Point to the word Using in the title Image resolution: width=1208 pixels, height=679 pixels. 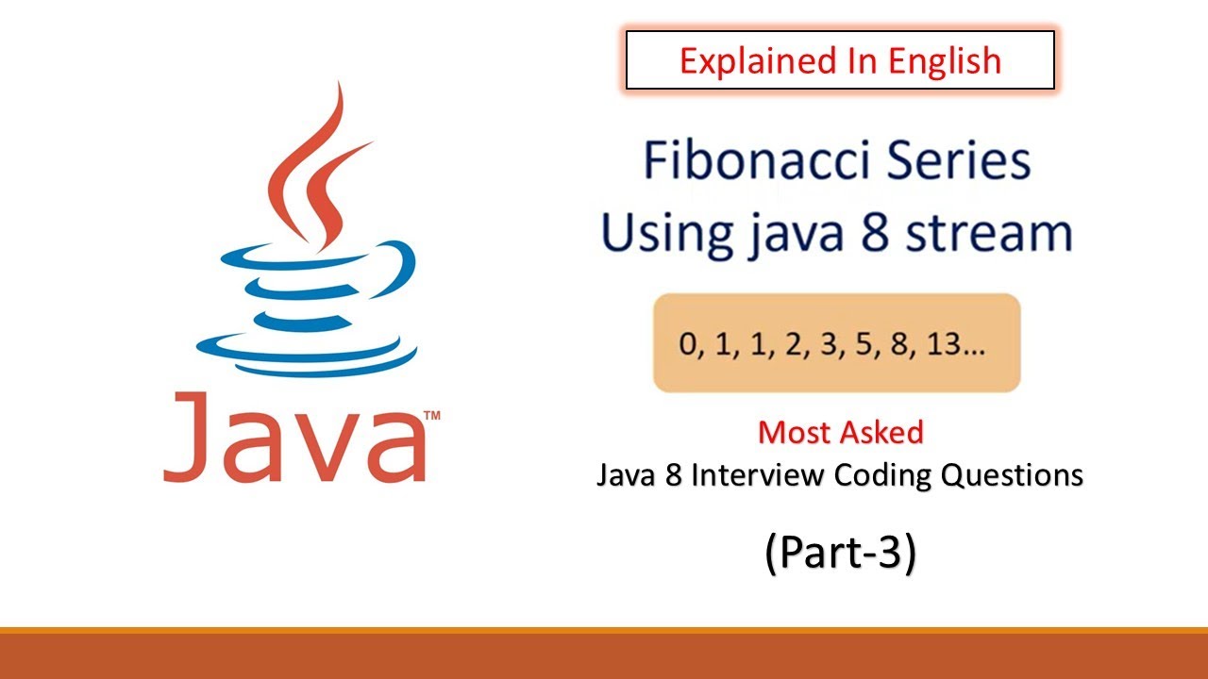pyautogui.click(x=657, y=234)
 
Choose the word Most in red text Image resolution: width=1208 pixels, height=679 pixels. pyautogui.click(x=791, y=433)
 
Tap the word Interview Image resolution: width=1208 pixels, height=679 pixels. pyautogui.click(x=759, y=476)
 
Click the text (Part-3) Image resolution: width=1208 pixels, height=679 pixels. pyautogui.click(x=840, y=555)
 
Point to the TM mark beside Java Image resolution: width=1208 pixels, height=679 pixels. pyautogui.click(x=432, y=415)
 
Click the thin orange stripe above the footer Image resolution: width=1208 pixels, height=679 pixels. pyautogui.click(x=604, y=631)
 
